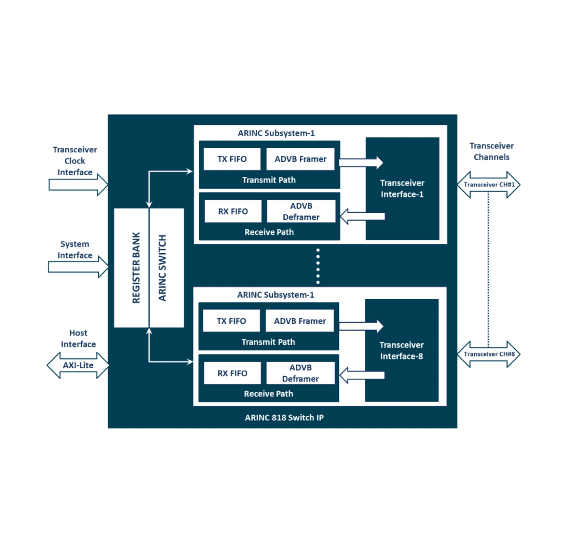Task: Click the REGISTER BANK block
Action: pos(131,268)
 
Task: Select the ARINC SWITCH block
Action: pos(167,268)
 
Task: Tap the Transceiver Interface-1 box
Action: pos(402,189)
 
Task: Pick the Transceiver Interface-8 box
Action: pos(401,350)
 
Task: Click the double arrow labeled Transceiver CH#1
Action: pos(489,185)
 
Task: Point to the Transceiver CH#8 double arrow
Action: pos(489,354)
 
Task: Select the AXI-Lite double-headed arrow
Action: pos(78,365)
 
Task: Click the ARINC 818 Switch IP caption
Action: pos(284,418)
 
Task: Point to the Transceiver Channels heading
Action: pos(491,151)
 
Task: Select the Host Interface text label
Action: pos(78,339)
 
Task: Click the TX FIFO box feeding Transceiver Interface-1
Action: pos(232,159)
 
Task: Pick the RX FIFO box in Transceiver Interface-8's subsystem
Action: pos(233,373)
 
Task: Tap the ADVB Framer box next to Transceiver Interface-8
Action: pos(300,321)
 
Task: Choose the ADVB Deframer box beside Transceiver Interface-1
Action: pos(301,212)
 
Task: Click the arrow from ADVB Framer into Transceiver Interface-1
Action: pos(361,162)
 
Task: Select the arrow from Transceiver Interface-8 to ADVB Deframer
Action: pos(362,375)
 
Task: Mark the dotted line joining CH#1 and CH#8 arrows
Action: pos(488,269)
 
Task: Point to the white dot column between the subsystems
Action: pos(318,266)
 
